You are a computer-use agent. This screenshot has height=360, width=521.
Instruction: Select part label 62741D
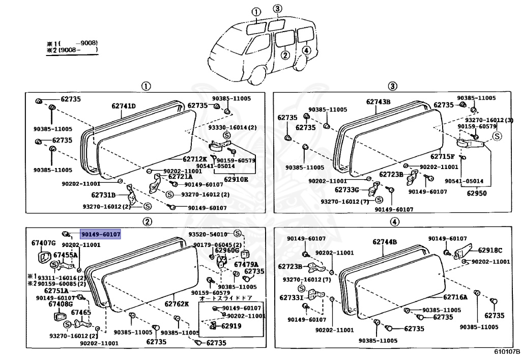tap(124, 106)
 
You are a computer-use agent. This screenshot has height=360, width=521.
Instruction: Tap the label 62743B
tap(378, 102)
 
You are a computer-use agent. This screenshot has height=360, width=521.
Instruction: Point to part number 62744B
tap(384, 242)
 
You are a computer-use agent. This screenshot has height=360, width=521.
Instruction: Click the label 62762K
tap(176, 304)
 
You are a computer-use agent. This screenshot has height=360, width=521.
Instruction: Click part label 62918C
tap(489, 250)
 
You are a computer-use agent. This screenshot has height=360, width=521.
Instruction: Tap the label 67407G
tap(43, 243)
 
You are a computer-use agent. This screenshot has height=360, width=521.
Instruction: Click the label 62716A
tap(455, 297)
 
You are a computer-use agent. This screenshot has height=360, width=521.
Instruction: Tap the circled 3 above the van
tap(276, 9)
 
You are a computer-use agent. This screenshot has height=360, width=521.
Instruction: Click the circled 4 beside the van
tap(305, 50)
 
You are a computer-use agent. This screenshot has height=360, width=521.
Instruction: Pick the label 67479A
tap(246, 264)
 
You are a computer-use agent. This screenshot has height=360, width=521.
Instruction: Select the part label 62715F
tap(443, 157)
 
